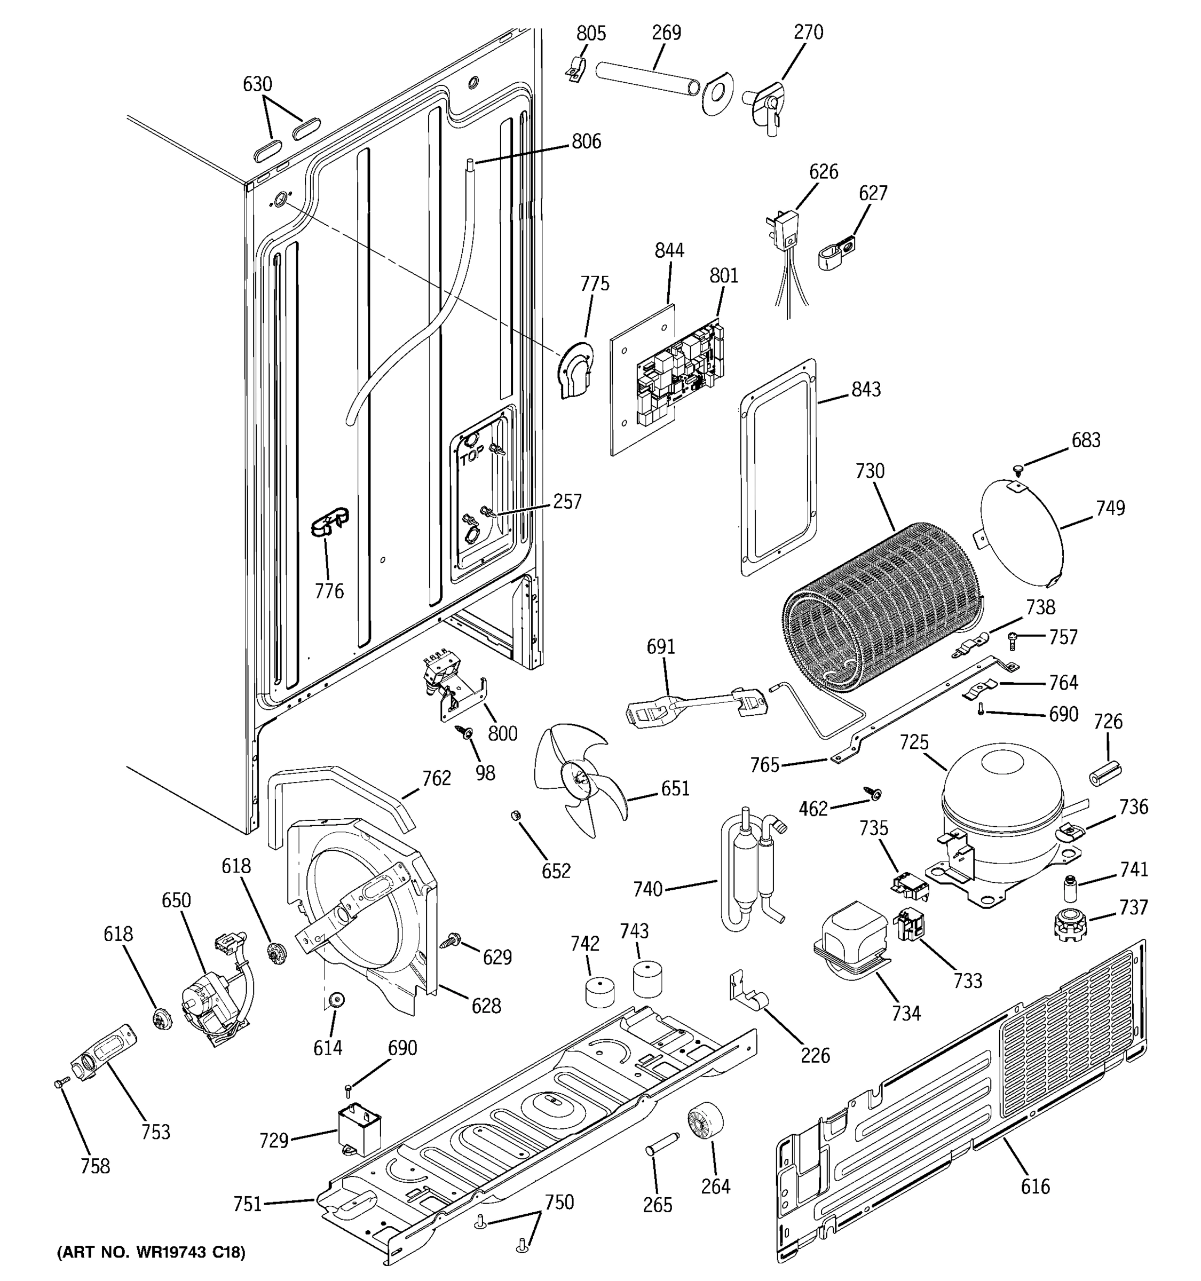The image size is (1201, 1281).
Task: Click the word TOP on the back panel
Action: click(472, 457)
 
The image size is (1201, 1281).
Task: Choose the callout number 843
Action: click(865, 389)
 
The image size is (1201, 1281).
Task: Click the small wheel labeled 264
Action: click(704, 1123)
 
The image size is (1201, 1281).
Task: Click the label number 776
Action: click(329, 591)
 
